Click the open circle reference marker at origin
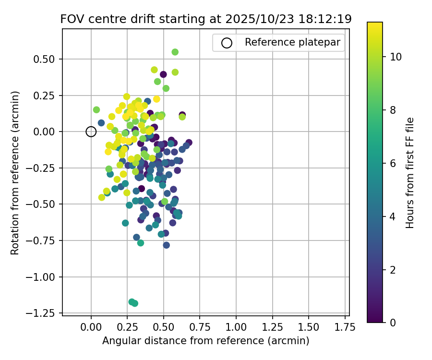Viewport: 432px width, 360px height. (91, 132)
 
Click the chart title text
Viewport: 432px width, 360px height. (206, 19)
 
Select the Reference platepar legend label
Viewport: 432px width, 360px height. (292, 42)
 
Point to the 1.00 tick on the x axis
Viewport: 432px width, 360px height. (236, 316)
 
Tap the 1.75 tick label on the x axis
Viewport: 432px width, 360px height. (345, 327)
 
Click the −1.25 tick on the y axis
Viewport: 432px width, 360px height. (62, 313)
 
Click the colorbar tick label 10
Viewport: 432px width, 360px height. (396, 57)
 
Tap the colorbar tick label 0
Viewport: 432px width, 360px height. (393, 323)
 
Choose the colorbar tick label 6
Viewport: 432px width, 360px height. (393, 163)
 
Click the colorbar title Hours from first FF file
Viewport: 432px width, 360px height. (410, 173)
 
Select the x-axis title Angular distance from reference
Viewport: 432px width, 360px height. (205, 341)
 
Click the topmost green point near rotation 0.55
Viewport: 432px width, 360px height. (175, 52)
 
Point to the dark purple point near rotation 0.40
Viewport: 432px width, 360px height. (163, 74)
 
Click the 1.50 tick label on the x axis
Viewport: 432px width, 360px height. (309, 327)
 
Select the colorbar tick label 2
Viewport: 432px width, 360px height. (393, 270)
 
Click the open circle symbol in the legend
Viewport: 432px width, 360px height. (227, 43)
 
